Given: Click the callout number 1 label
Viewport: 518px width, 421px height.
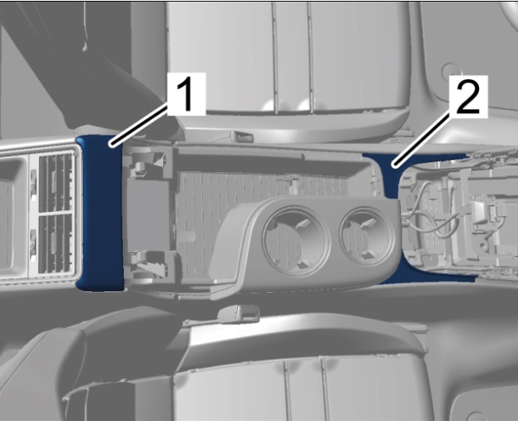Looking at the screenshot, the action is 186,94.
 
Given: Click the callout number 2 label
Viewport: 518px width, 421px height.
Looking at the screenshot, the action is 468,97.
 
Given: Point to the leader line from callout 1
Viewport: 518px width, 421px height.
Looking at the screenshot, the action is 140,124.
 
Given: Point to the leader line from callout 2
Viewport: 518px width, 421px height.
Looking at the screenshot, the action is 422,138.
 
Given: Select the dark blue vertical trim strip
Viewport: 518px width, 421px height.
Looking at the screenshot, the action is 101,213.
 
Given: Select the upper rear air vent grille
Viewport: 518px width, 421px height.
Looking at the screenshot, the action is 56,183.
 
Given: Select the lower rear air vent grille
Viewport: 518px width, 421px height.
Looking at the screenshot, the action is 56,245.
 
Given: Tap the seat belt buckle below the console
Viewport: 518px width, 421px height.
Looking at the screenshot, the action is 239,313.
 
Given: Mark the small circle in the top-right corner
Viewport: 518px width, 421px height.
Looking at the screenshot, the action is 450,71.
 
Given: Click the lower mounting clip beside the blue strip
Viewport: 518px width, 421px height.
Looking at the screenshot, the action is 151,263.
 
